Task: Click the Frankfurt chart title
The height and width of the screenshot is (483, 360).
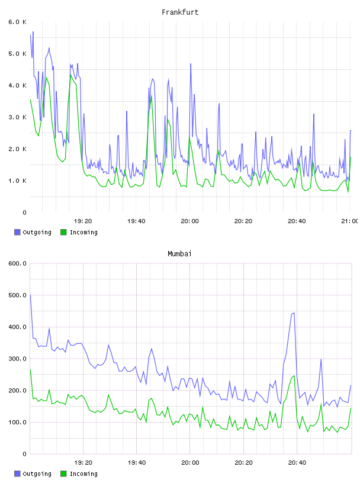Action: point(180,12)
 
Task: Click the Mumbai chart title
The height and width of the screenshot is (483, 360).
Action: point(179,254)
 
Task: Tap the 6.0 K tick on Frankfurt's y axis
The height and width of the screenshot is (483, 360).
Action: point(18,22)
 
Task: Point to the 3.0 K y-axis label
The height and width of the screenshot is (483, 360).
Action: point(18,117)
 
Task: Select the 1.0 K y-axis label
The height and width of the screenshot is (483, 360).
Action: point(18,181)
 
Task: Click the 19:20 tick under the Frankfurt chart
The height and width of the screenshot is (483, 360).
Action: point(83,221)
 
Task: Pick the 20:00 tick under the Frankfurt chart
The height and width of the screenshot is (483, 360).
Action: point(190,221)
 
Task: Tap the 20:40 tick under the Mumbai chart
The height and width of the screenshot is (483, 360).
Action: point(297,462)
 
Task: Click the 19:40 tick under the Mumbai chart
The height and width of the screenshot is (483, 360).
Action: point(137,462)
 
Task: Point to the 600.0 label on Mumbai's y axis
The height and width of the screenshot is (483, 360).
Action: point(18,263)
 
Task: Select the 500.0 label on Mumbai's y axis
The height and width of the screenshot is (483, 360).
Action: point(18,295)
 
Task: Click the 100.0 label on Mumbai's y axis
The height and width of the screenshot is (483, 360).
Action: point(18,422)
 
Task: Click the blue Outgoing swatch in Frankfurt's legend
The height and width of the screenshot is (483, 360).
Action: point(17,232)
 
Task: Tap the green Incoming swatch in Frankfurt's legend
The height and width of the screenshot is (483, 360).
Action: point(63,232)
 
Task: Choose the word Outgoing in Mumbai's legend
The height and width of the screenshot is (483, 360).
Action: point(37,474)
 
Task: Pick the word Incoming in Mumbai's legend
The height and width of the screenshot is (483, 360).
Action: point(83,474)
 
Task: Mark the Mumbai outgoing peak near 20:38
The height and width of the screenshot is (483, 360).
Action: point(294,313)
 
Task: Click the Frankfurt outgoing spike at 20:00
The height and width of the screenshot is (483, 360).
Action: point(191,64)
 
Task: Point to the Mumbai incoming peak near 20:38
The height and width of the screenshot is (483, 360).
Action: point(294,376)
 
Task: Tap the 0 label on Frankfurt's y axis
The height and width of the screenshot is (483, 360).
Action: point(25,212)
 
